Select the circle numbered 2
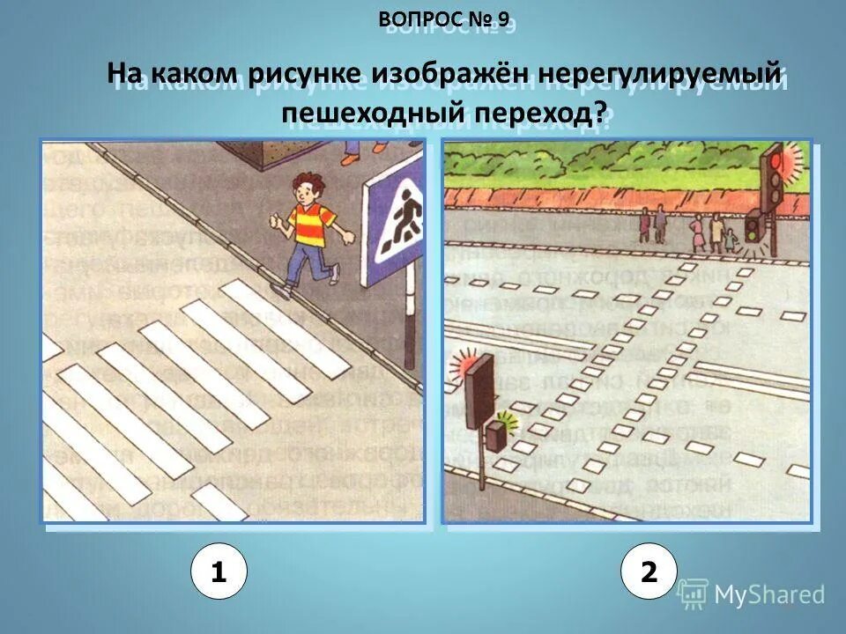(649, 572)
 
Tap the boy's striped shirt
(312, 224)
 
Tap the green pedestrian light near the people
(753, 228)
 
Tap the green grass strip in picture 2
(599, 189)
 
